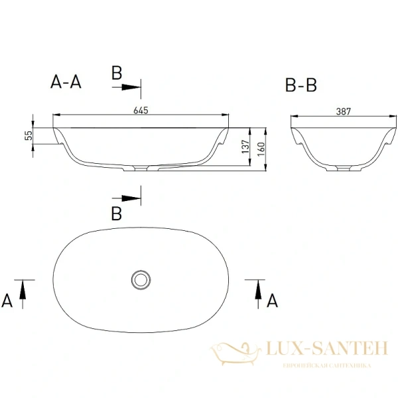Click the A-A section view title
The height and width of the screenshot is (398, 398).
click(x=66, y=82)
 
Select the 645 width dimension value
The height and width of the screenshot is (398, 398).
click(x=141, y=109)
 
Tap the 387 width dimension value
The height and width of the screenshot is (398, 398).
click(x=344, y=111)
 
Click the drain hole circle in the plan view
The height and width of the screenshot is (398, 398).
click(x=141, y=279)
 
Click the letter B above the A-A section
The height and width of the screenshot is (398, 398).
click(x=117, y=74)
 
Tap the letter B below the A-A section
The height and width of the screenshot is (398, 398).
click(x=117, y=214)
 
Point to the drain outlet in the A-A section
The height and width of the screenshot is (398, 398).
click(x=141, y=167)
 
